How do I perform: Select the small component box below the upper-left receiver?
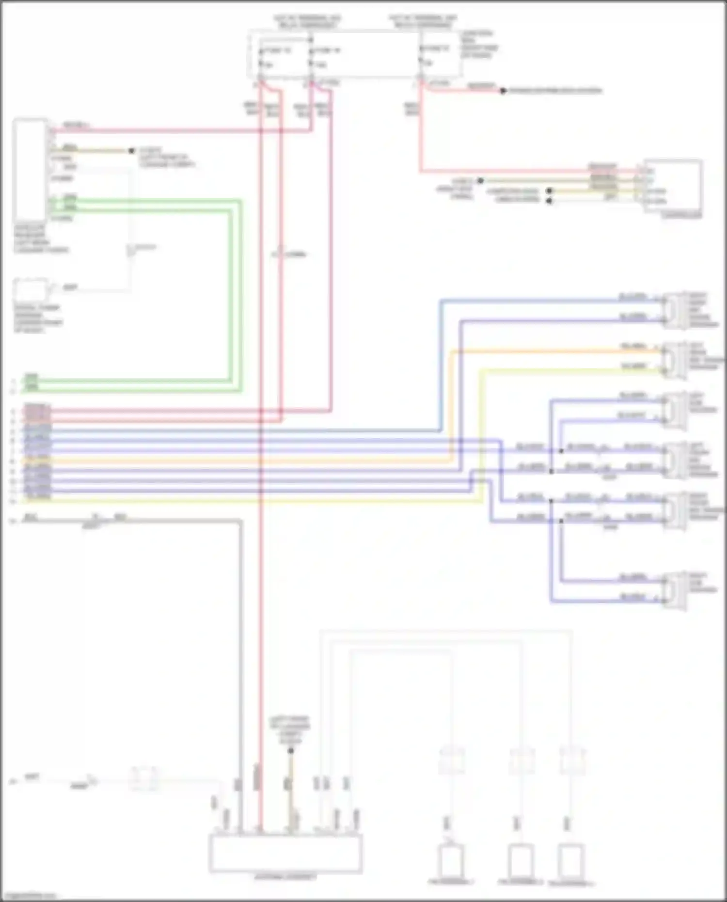click(30, 290)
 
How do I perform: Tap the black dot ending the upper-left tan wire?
click(131, 151)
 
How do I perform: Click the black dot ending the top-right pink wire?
click(503, 91)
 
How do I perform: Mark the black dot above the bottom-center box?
click(290, 751)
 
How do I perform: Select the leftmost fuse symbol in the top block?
click(261, 57)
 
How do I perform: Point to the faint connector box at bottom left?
click(144, 778)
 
